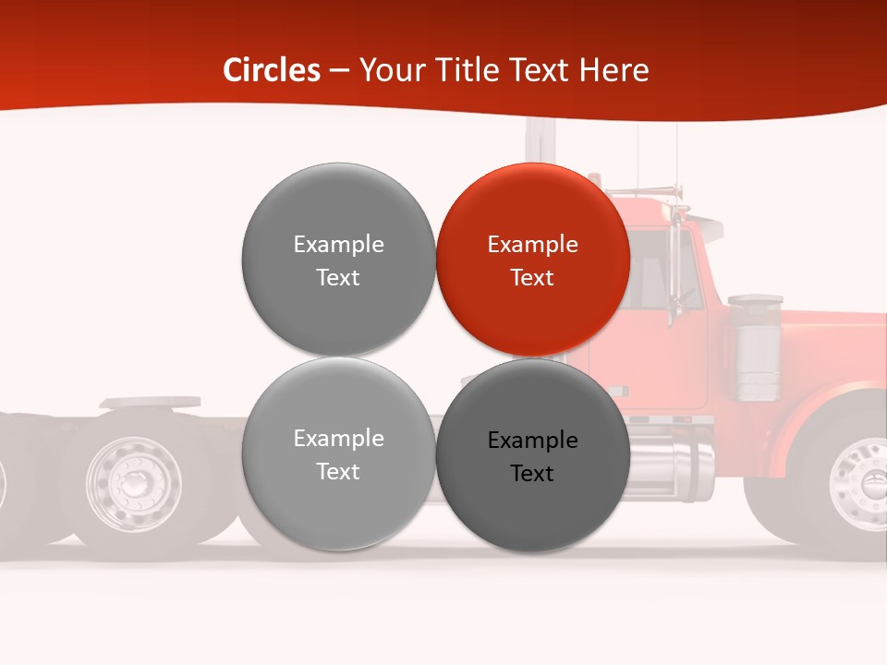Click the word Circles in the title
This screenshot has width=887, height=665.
tap(271, 70)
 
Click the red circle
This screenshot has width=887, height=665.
tap(533, 260)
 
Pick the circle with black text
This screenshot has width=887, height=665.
tap(533, 455)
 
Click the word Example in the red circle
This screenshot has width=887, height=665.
tap(532, 245)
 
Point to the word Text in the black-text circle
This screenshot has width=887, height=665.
tap(531, 474)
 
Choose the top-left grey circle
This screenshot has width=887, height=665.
tap(338, 260)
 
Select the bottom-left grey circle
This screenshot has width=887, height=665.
tap(338, 454)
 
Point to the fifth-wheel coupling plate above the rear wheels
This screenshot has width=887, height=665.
tap(150, 403)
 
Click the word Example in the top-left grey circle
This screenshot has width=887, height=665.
tap(338, 245)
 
